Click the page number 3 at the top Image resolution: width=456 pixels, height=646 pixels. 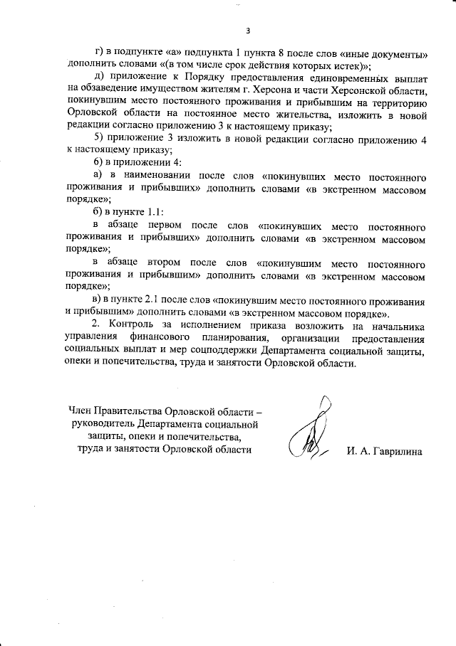point(248,31)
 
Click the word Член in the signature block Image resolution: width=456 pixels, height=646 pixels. point(81,411)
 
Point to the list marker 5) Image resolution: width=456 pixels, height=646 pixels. point(100,139)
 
